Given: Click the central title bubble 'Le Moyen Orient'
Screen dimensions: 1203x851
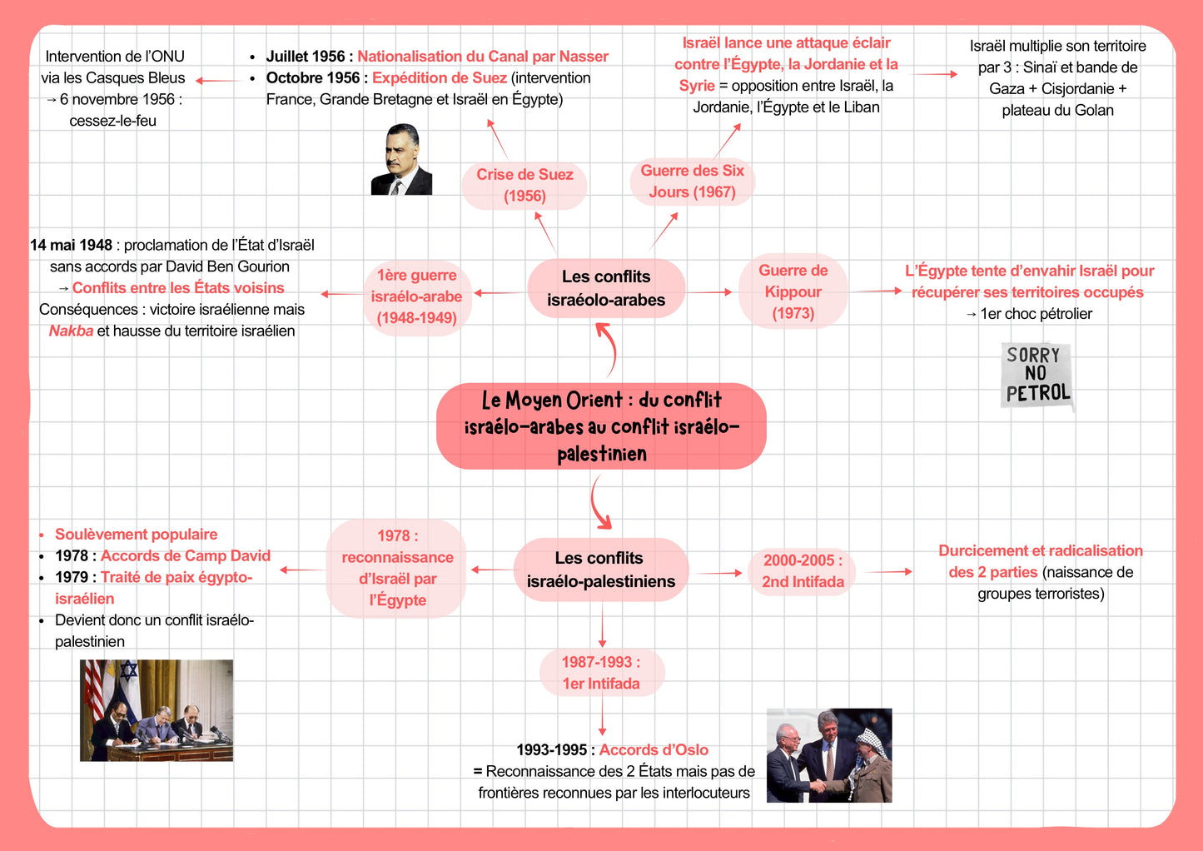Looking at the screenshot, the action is pyautogui.click(x=601, y=426).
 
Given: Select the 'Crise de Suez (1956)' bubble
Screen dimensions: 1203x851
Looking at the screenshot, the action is pyautogui.click(x=524, y=186).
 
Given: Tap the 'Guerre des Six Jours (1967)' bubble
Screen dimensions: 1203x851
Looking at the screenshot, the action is pyautogui.click(x=693, y=182).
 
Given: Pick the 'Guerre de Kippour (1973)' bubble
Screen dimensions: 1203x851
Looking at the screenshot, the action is pyautogui.click(x=793, y=291).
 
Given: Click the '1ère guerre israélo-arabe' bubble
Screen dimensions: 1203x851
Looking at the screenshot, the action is pyautogui.click(x=417, y=296).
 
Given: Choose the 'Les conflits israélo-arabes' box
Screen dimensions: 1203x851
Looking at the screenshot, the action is pyautogui.click(x=606, y=288).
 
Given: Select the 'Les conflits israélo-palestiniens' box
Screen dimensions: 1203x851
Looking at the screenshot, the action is pyautogui.click(x=601, y=570).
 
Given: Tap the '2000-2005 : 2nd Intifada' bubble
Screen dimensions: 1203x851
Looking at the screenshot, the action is pyautogui.click(x=803, y=571).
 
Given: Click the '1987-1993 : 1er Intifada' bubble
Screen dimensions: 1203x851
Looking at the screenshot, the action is pyautogui.click(x=601, y=673).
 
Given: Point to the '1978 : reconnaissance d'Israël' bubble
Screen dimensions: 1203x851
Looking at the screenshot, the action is pyautogui.click(x=397, y=568).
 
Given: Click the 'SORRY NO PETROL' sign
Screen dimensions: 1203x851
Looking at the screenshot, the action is pyautogui.click(x=1036, y=376).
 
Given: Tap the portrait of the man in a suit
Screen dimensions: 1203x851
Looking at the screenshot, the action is pyautogui.click(x=402, y=159).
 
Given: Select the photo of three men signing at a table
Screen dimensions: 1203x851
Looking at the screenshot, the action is pyautogui.click(x=157, y=710).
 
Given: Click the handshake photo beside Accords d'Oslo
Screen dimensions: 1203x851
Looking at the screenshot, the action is pyautogui.click(x=829, y=755).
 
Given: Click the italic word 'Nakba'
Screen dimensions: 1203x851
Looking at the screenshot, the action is pyautogui.click(x=71, y=331).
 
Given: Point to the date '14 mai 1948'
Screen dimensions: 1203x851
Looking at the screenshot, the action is pyautogui.click(x=71, y=245).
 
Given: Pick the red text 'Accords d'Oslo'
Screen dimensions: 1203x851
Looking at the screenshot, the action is pyautogui.click(x=654, y=749).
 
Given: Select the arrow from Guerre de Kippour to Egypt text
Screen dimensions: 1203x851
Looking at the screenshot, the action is pyautogui.click(x=877, y=291).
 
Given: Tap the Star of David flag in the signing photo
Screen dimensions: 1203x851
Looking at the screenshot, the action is pyautogui.click(x=129, y=678).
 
